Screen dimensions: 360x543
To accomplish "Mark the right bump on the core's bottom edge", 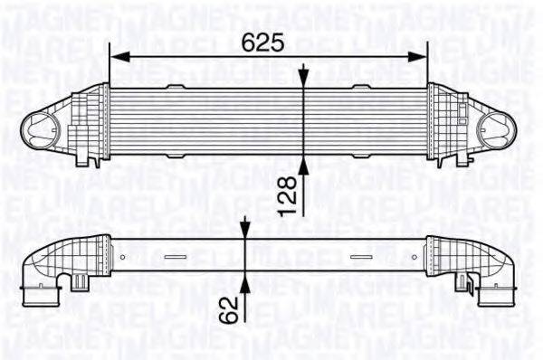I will click(362, 156).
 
